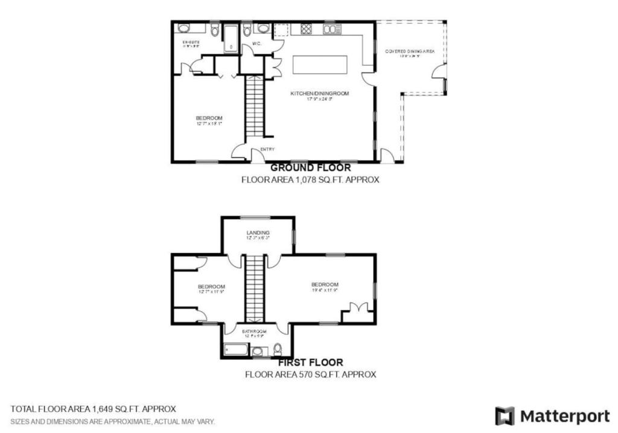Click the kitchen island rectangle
pyautogui.click(x=320, y=64)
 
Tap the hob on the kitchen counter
pyautogui.click(x=305, y=28)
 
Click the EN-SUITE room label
pyautogui.click(x=191, y=42)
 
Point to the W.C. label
pyautogui.click(x=256, y=43)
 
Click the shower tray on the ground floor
pyautogui.click(x=231, y=39)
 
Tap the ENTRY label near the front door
pyautogui.click(x=267, y=149)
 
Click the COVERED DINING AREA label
pyautogui.click(x=410, y=52)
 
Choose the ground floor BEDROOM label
pyautogui.click(x=209, y=118)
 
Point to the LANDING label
pyautogui.click(x=258, y=233)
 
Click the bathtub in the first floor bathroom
pyautogui.click(x=236, y=350)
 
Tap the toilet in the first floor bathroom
pyautogui.click(x=278, y=348)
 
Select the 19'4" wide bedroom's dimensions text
pyautogui.click(x=325, y=290)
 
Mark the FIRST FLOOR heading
pyautogui.click(x=310, y=362)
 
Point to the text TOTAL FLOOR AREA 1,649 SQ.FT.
pyautogui.click(x=93, y=409)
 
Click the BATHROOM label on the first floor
pyautogui.click(x=254, y=331)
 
